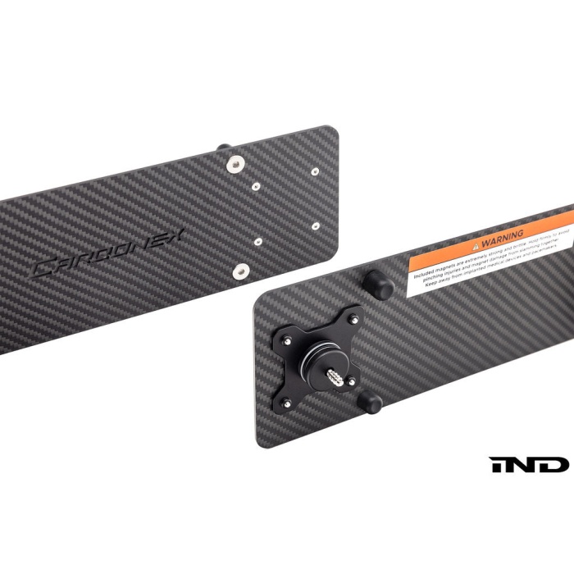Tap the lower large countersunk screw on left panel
coord(241,270)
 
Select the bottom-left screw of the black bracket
coord(286,403)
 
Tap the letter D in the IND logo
coord(552,465)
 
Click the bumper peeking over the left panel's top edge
coord(223,148)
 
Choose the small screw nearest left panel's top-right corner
coord(315,171)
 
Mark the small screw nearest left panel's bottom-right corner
coord(316,225)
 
